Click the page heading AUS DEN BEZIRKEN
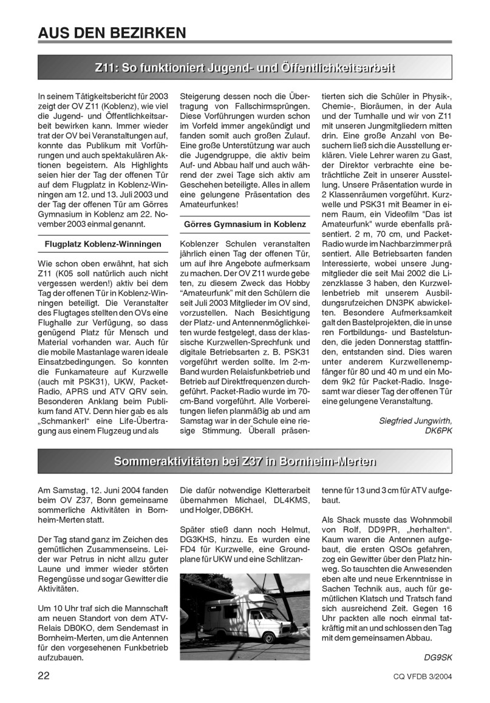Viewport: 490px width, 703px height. (x=111, y=31)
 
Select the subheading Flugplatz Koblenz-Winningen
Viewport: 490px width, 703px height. (x=103, y=244)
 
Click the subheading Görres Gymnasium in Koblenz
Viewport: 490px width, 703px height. (x=245, y=224)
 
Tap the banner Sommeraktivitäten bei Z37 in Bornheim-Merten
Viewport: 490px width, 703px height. (x=244, y=461)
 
